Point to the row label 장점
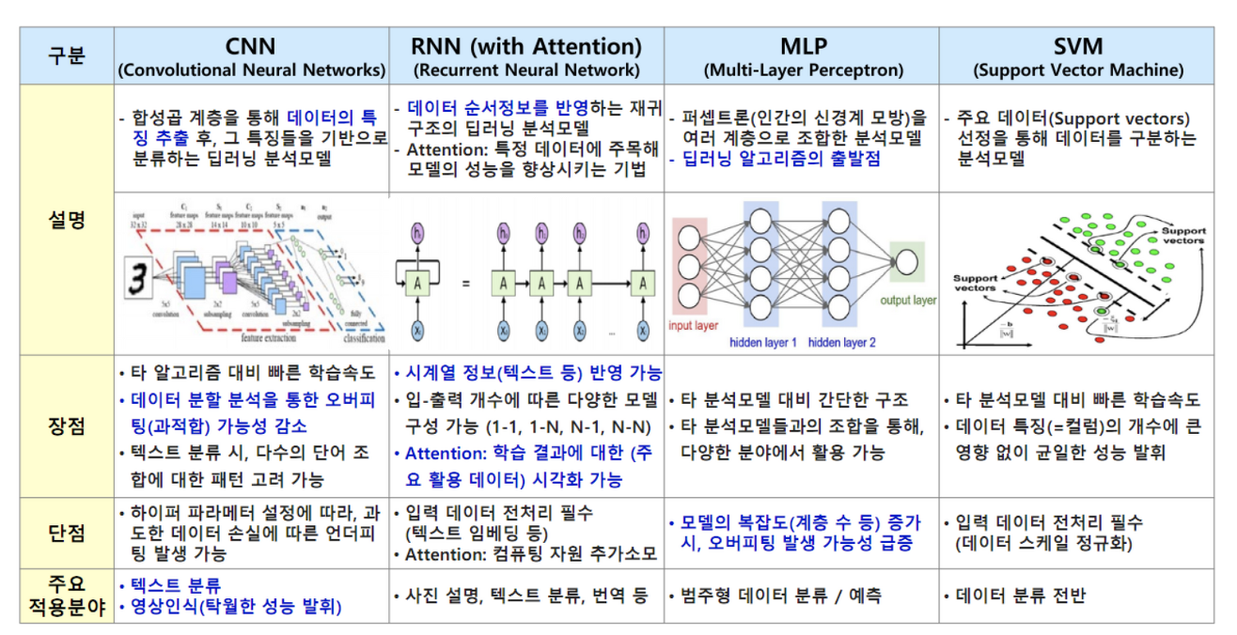[66, 426]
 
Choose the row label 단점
[66, 533]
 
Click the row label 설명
[66, 220]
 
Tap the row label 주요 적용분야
[66, 596]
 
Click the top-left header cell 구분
[66, 55]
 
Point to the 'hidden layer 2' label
[842, 343]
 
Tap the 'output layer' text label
[908, 301]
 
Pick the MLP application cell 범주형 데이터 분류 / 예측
[778, 596]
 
